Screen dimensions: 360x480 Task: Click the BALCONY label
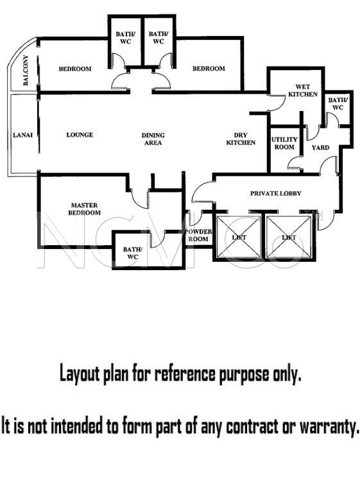[x=26, y=70]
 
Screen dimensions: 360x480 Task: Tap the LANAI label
[x=22, y=135]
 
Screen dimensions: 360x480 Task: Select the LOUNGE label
[x=80, y=135]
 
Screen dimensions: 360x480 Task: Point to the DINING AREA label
[x=153, y=139]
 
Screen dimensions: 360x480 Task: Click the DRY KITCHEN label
[x=241, y=139]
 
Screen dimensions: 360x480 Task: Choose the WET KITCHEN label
[x=303, y=90]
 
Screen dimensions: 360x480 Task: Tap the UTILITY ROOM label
[x=284, y=143]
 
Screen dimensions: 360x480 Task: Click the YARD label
[x=320, y=148]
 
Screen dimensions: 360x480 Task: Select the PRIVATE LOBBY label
[x=275, y=193]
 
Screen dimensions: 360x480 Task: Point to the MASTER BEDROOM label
[x=84, y=209]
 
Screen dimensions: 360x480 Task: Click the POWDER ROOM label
[x=198, y=235]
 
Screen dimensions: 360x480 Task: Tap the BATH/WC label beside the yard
[x=338, y=104]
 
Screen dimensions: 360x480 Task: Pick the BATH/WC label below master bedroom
[x=133, y=253]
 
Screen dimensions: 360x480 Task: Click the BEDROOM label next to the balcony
[x=75, y=69]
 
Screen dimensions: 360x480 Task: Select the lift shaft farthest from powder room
[x=288, y=237]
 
